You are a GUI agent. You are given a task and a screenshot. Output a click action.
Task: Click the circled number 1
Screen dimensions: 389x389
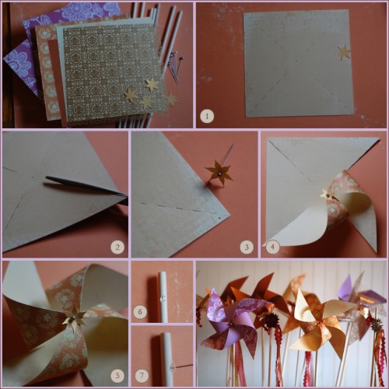[x=206, y=117]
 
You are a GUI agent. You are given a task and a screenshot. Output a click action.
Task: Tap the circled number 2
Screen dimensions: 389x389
[x=117, y=247]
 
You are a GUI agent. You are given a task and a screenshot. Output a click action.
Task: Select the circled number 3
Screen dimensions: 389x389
[x=247, y=247]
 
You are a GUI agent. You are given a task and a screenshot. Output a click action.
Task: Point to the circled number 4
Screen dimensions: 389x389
[x=272, y=247]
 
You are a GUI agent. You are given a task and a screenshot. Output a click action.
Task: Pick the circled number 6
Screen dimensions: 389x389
[x=141, y=311]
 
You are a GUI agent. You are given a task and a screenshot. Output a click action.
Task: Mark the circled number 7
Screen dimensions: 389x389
[x=141, y=376]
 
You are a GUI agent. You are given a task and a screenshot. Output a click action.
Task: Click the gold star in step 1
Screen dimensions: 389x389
[x=342, y=52]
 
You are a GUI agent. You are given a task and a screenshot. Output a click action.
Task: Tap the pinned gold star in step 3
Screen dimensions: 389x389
[x=219, y=172]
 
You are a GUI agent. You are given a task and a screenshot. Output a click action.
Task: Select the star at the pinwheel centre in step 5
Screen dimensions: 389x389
[x=74, y=317]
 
